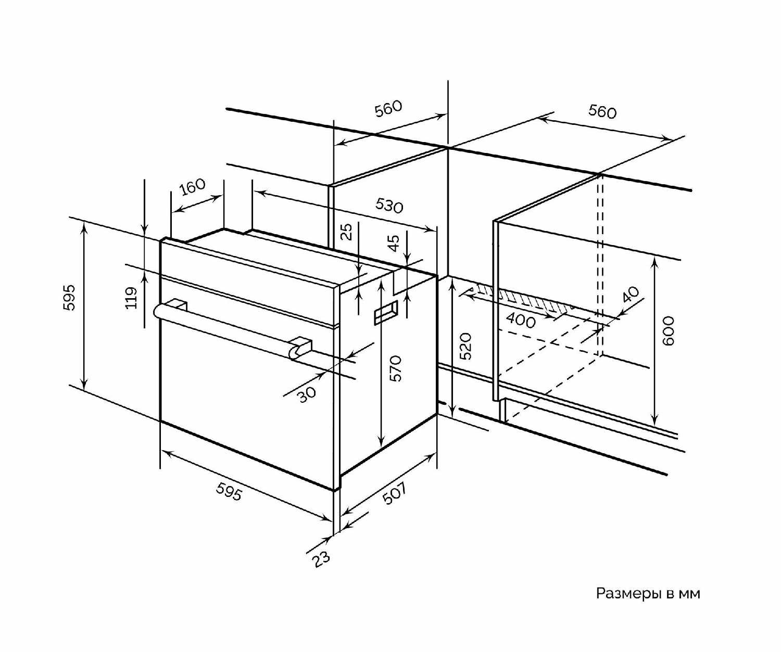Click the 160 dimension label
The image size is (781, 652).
click(193, 187)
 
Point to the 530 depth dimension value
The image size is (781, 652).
click(389, 205)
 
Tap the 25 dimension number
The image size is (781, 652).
click(347, 232)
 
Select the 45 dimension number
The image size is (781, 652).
click(394, 243)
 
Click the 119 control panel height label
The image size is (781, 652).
click(131, 298)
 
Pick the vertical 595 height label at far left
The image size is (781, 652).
click(70, 298)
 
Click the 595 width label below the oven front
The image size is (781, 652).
click(229, 491)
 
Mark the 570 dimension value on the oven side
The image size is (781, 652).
click(395, 368)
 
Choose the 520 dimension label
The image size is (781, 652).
click(465, 346)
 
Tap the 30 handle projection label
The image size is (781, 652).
click(308, 394)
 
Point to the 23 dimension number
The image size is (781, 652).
click(322, 559)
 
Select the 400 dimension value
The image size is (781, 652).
click(521, 321)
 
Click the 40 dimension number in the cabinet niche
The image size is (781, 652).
click(632, 295)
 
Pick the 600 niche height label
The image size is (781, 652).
click(668, 331)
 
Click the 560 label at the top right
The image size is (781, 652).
click(602, 112)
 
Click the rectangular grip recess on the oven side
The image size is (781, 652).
click(386, 311)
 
